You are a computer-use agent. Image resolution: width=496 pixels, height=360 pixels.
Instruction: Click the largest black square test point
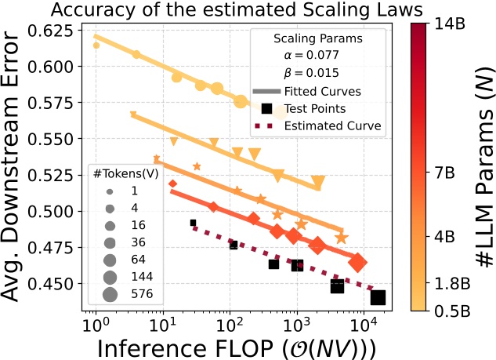click(x=378, y=297)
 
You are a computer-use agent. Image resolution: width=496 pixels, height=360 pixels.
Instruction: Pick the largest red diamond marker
click(x=358, y=263)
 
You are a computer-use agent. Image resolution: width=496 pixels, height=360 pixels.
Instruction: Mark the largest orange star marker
click(x=342, y=238)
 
